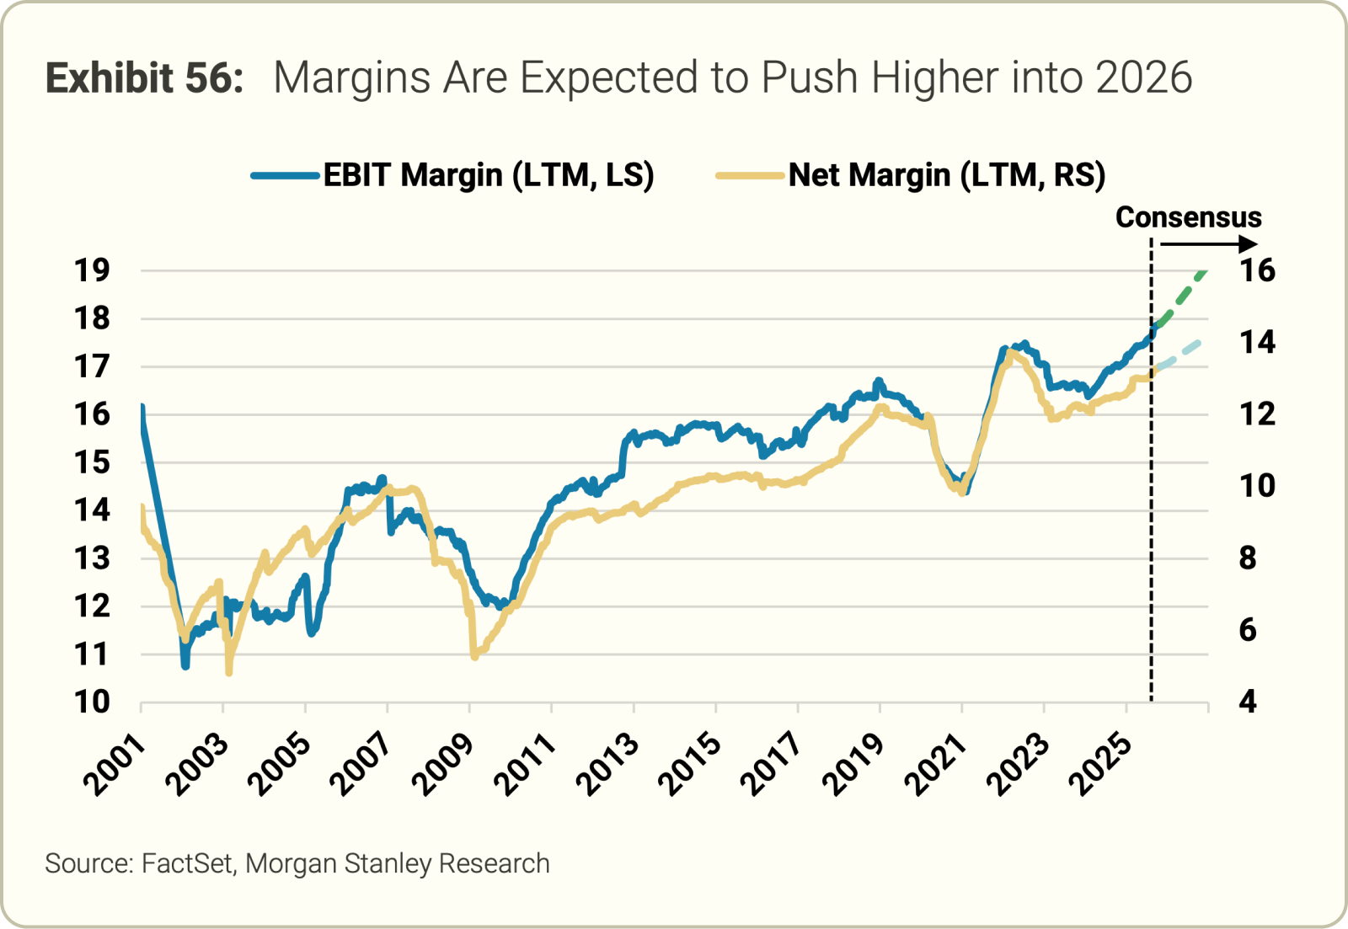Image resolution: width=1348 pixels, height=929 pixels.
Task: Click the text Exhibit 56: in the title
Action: point(144,77)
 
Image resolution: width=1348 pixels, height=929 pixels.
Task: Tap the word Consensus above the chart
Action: point(1188,217)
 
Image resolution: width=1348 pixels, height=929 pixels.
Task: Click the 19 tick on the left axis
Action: point(92,271)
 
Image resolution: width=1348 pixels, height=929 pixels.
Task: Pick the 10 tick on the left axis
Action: point(92,702)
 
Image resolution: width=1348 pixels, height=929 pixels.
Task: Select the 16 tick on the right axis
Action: point(1257,271)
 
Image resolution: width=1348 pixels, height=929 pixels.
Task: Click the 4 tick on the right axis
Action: point(1248,702)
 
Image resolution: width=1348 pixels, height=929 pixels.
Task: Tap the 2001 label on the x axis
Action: point(115,765)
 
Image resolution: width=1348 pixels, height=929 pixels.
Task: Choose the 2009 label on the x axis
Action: point(444,765)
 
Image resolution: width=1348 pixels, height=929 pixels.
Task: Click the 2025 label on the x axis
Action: point(1101,765)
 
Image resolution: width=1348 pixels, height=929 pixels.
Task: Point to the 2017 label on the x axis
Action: point(773,765)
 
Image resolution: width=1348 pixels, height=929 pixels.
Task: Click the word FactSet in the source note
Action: point(187,864)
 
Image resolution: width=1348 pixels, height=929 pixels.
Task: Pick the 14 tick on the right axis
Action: point(1257,343)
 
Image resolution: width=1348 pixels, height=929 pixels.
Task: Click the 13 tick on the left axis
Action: point(92,558)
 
